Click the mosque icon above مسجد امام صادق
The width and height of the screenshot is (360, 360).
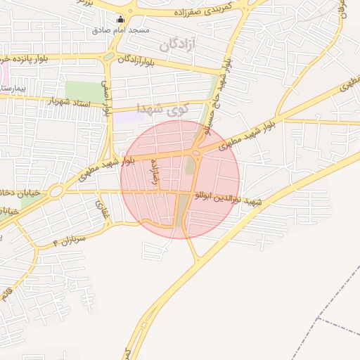pyautogui.click(x=122, y=20)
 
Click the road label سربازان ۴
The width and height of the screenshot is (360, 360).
pyautogui.click(x=68, y=241)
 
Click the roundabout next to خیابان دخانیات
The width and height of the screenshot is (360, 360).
pyautogui.click(x=54, y=190)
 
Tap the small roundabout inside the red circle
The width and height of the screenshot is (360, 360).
pyautogui.click(x=195, y=153)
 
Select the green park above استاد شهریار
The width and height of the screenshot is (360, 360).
pyautogui.click(x=83, y=91)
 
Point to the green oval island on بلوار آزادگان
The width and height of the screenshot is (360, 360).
pyautogui.click(x=109, y=57)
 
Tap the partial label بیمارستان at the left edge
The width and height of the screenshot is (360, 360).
pyautogui.click(x=13, y=90)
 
